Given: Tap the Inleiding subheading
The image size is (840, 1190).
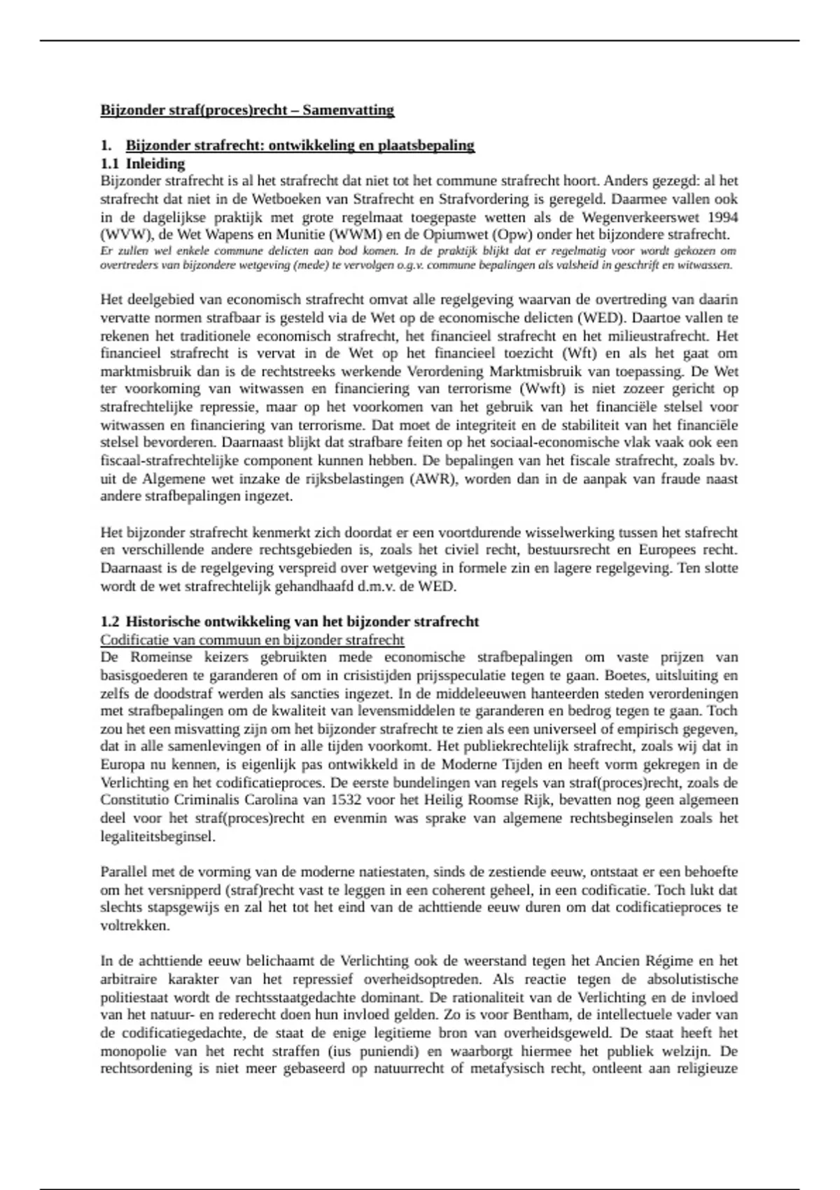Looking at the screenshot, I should tap(155, 164).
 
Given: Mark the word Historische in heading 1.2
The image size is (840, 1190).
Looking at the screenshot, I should tap(163, 622).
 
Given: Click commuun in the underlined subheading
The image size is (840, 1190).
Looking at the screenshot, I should tap(222, 640).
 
